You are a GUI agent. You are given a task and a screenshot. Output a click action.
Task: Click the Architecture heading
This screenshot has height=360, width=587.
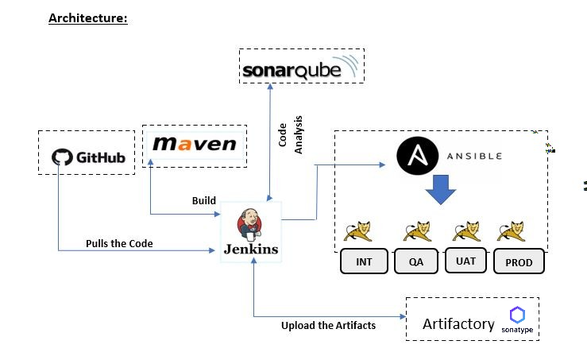tap(87, 17)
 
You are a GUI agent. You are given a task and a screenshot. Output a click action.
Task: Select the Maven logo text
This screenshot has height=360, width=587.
tap(195, 144)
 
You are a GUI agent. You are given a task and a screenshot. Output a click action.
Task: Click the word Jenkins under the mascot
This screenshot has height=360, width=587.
tap(250, 249)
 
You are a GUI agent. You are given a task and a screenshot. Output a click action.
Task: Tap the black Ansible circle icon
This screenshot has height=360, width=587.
tap(413, 156)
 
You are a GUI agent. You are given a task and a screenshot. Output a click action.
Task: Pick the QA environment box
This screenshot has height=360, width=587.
tap(417, 262)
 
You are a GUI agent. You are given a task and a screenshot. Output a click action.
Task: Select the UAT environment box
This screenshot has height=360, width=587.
tap(466, 260)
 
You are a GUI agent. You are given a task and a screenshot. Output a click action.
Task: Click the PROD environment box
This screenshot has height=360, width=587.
tap(519, 262)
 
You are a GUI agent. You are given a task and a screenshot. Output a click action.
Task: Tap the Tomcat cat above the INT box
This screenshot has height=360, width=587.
tap(358, 230)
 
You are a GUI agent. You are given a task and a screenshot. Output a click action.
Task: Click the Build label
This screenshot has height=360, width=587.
tap(204, 200)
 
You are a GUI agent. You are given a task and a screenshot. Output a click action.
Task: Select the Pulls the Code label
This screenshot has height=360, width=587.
tap(120, 243)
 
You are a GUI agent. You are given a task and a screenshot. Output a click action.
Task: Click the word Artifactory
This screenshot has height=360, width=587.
tap(458, 324)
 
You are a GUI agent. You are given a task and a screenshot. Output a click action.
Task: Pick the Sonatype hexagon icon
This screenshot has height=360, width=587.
tap(517, 314)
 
